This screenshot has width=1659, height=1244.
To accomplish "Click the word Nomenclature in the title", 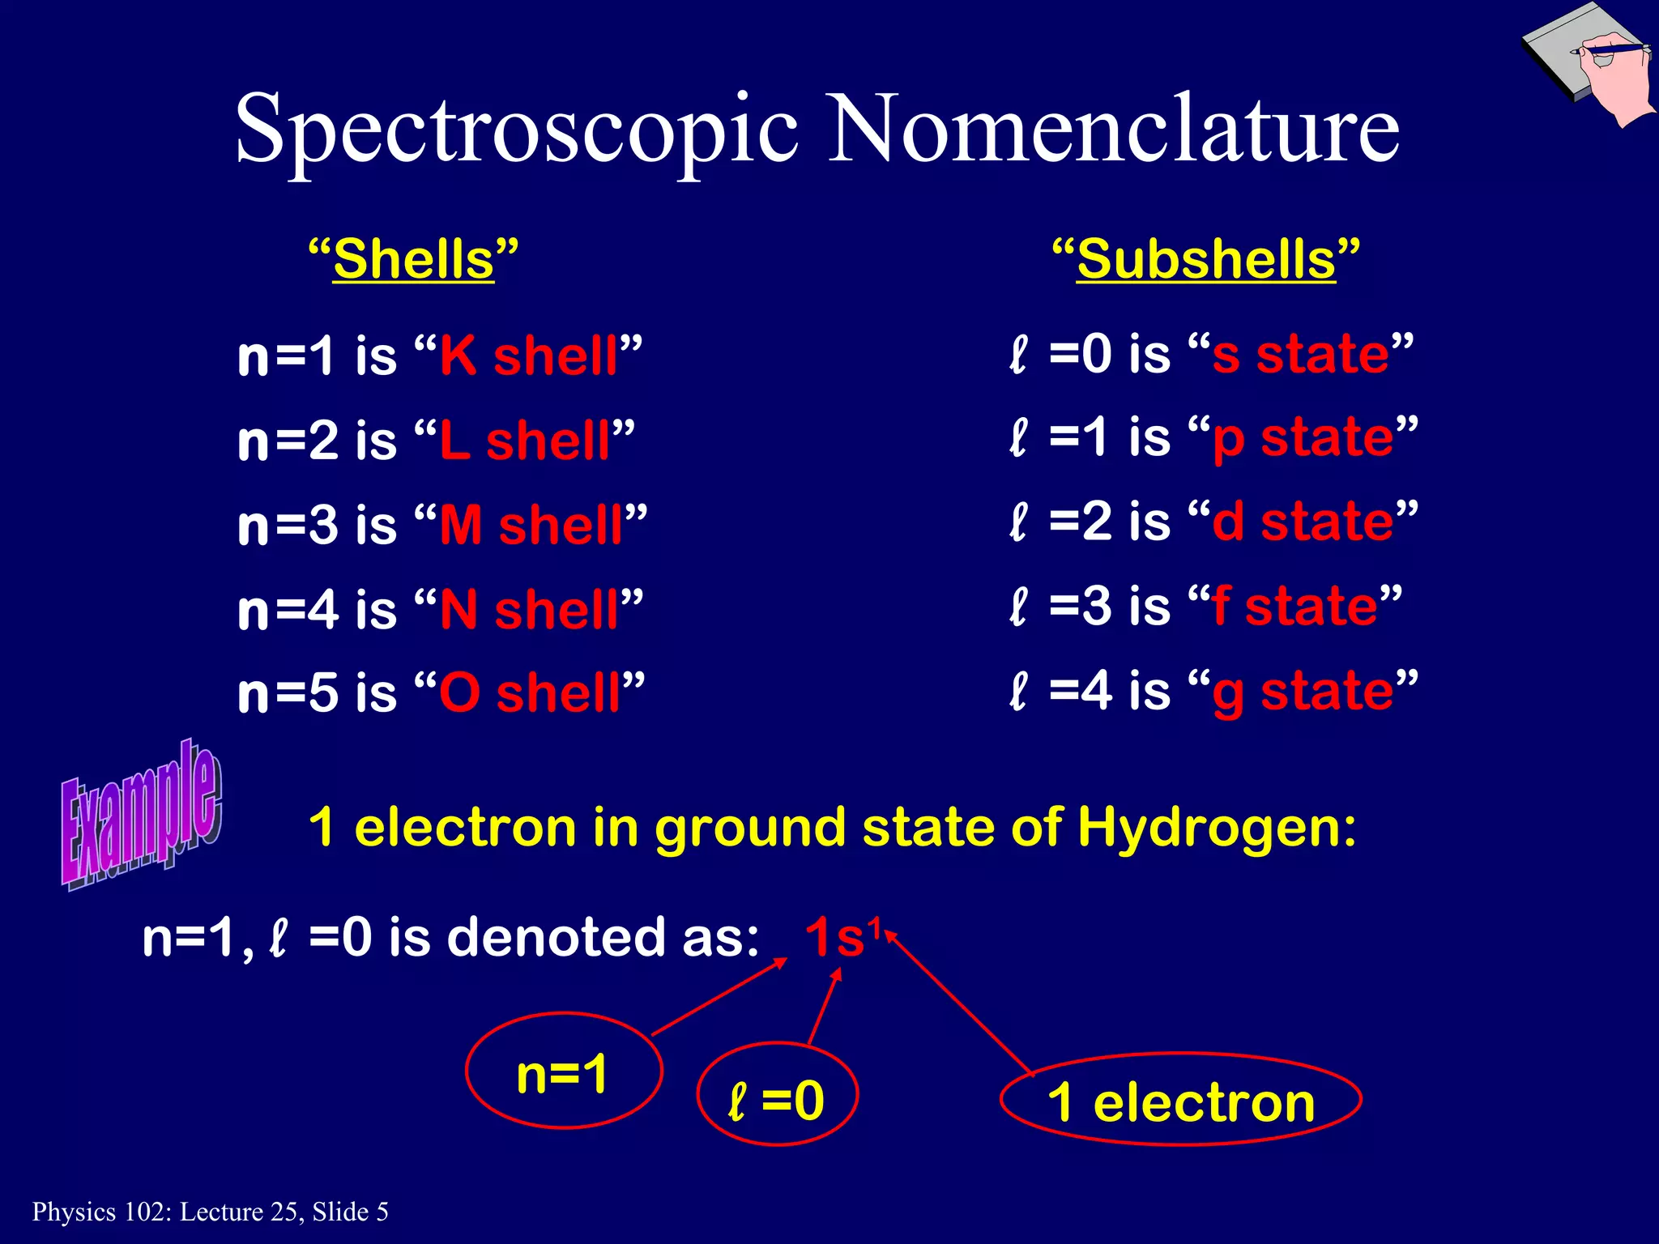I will click(x=1115, y=130).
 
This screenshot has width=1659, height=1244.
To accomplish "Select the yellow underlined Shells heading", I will click(x=413, y=260).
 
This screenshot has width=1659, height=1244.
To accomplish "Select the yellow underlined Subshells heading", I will click(x=1205, y=260).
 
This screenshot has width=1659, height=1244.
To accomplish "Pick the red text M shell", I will click(x=531, y=525).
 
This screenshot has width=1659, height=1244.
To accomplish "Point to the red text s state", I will click(x=1301, y=354).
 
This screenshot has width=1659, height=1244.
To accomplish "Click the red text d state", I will click(x=1303, y=521).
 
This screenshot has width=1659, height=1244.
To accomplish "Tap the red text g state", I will click(x=1303, y=691).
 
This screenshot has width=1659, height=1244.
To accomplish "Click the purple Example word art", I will click(x=141, y=814).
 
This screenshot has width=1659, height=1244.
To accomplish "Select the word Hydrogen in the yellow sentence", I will click(x=1215, y=828).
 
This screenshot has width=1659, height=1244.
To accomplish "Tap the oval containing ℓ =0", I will click(x=777, y=1094).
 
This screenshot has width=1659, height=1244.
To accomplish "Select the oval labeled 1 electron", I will click(x=1180, y=1100).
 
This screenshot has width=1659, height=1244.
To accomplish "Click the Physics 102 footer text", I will click(x=210, y=1212).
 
